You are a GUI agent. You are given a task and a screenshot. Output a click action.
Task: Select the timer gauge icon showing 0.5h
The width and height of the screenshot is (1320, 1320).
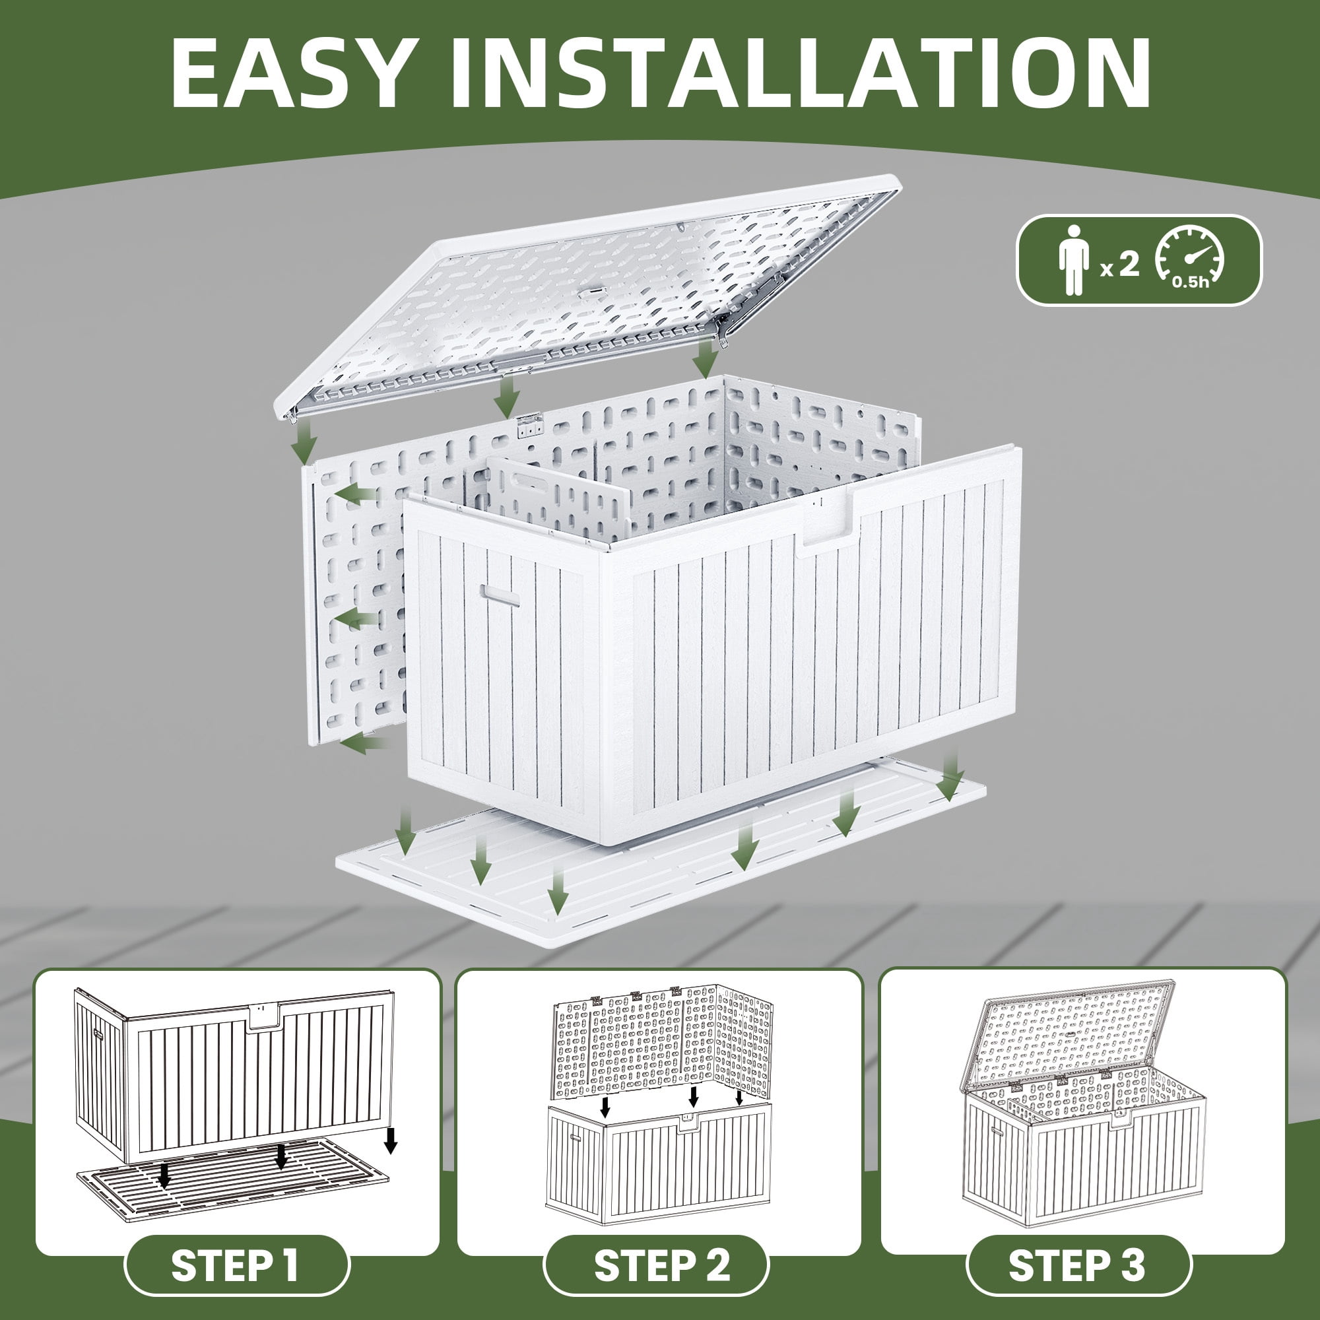coord(1189,260)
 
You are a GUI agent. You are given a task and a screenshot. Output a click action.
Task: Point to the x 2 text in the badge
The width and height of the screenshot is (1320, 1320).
coord(1121,265)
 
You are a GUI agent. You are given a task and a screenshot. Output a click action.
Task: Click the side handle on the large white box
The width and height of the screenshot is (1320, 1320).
coord(499,595)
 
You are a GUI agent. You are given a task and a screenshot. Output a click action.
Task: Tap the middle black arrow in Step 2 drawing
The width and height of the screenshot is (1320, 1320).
coord(693,1098)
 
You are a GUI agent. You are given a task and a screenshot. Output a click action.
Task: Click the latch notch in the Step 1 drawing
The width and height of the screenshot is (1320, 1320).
coord(263,1017)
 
